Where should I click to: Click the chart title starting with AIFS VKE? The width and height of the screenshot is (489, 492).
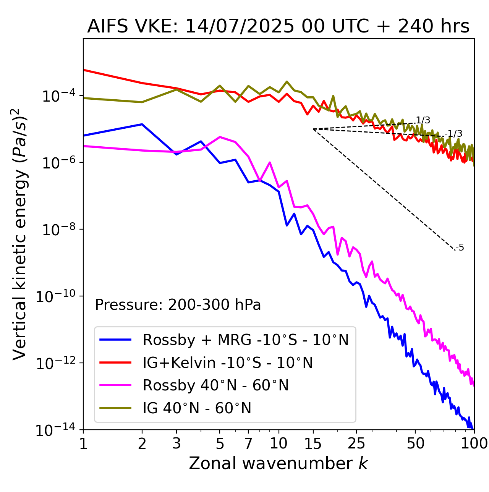(278, 26)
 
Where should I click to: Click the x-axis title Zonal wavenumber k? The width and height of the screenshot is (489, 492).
(278, 463)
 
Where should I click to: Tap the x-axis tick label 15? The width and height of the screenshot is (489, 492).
(313, 443)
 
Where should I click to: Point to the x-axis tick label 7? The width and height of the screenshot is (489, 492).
(248, 443)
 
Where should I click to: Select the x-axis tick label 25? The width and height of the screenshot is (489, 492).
(356, 443)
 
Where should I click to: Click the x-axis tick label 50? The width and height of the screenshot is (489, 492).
(415, 443)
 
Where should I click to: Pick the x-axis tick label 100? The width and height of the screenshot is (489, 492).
(474, 443)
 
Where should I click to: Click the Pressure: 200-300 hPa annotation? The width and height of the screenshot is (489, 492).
(178, 305)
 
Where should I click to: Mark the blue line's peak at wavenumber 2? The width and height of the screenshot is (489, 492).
(142, 124)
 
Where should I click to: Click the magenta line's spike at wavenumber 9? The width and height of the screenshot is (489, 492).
(270, 162)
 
